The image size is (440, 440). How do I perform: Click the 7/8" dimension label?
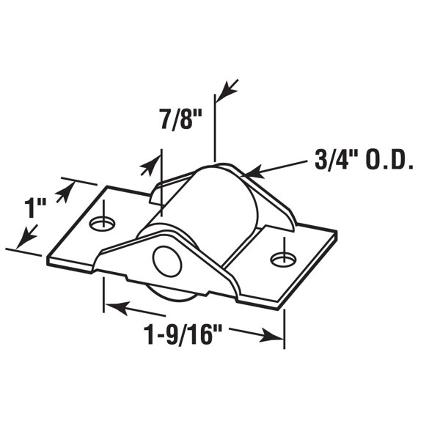click(181, 120)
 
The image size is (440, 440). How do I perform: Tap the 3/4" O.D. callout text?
click(364, 161)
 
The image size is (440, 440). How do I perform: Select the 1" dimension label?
click(35, 208)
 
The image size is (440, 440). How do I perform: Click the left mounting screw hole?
click(102, 224)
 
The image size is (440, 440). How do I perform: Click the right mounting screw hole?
click(283, 260)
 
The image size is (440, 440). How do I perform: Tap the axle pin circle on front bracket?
click(167, 261)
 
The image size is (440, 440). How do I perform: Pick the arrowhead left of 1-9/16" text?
click(117, 307)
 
